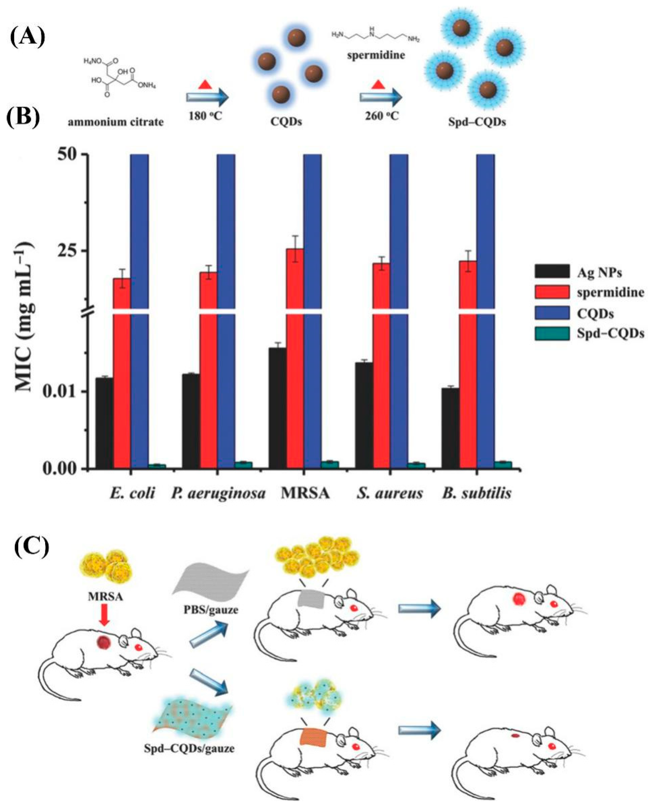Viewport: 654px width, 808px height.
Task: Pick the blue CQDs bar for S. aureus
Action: (x=398, y=301)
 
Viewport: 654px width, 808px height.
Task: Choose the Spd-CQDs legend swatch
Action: (x=552, y=334)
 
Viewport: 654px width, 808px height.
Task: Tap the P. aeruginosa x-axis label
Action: (x=218, y=493)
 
